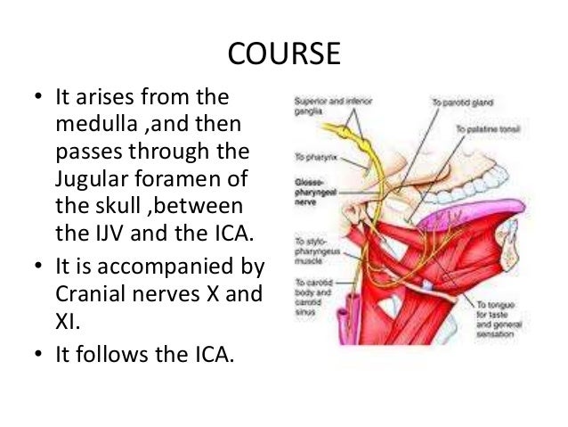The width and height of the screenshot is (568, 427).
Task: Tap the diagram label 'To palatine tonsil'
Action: tap(488, 131)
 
